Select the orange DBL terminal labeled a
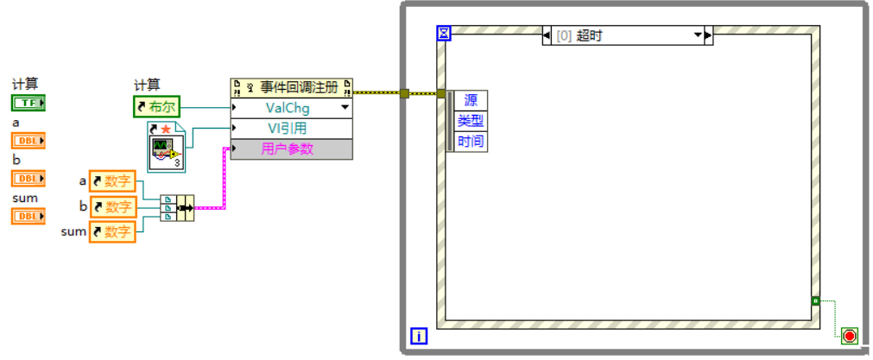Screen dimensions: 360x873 tap(28, 141)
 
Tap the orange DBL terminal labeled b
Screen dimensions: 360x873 tap(28, 178)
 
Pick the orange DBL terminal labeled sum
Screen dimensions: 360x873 tap(28, 216)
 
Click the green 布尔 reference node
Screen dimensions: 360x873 tap(156, 107)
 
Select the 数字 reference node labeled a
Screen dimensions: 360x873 tap(112, 181)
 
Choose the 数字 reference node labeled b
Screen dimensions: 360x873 tap(112, 206)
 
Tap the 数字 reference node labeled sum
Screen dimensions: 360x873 tap(112, 231)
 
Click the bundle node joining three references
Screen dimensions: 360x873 tap(177, 207)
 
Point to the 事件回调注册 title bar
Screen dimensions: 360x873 tap(292, 87)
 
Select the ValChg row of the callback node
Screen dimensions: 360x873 tap(292, 108)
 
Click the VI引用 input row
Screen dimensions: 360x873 tap(292, 129)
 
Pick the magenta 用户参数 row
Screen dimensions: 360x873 tap(292, 149)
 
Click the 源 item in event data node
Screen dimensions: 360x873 tap(471, 100)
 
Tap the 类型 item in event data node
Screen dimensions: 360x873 tap(471, 121)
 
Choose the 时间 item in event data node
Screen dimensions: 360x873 tap(471, 142)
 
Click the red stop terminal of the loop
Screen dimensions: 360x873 tap(849, 335)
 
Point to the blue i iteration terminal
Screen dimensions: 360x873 tap(419, 336)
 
